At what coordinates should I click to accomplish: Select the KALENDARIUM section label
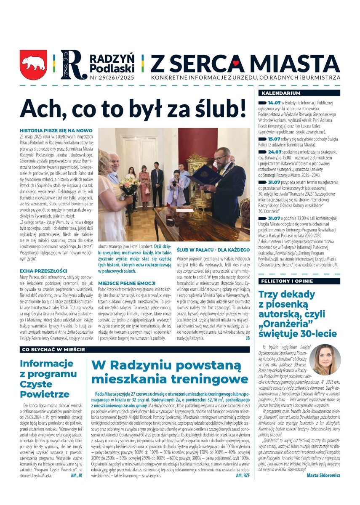pos(281,93)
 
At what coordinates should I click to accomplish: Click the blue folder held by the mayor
pos(204,174)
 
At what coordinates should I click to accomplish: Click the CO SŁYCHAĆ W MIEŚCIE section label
pos(53,350)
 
